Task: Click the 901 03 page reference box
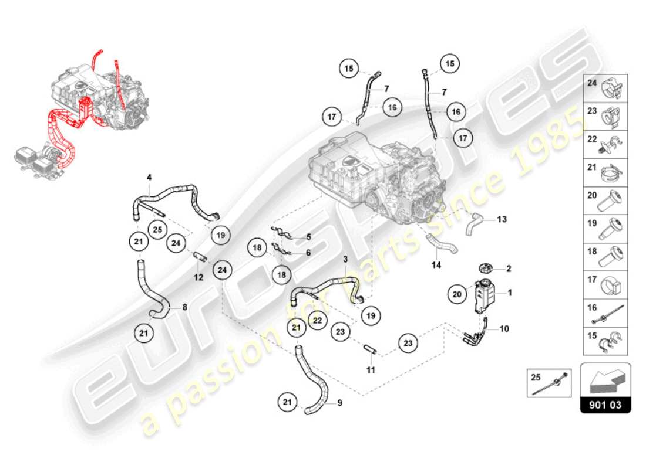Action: pos(605,405)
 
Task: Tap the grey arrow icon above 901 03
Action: pos(605,381)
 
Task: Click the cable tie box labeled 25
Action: pos(549,382)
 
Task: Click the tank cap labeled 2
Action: pos(487,269)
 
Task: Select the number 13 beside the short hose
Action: pos(501,220)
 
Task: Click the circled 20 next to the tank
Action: pos(457,295)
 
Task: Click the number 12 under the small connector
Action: pos(198,277)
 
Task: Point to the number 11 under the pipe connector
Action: pos(371,370)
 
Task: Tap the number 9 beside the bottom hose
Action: pos(339,403)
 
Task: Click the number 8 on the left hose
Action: pos(184,306)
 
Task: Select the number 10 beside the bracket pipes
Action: pos(504,329)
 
